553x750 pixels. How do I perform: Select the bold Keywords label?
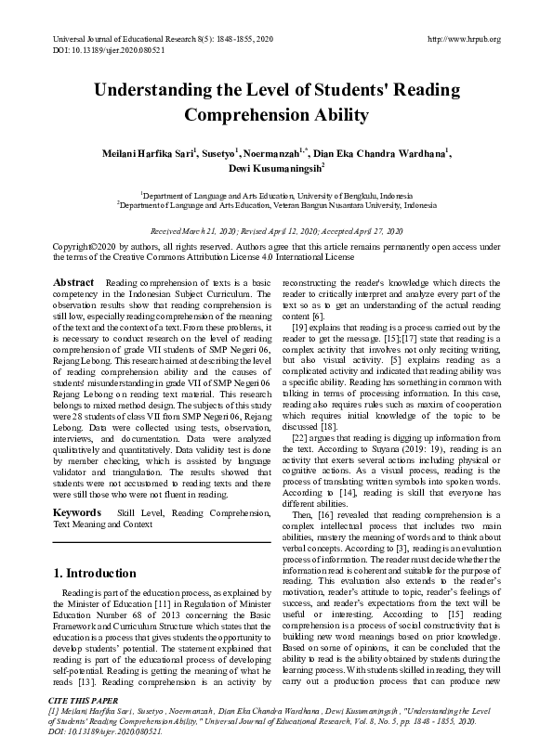click(x=76, y=512)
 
